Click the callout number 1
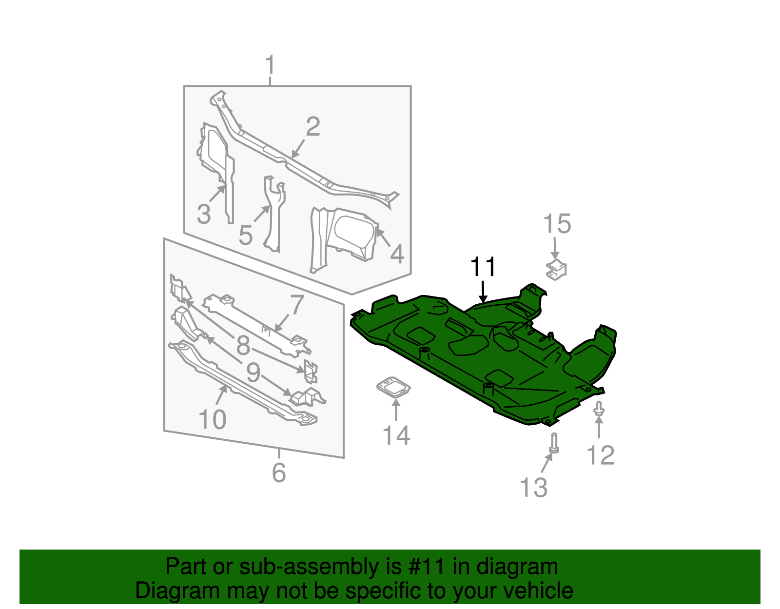click(x=270, y=65)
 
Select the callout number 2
click(x=313, y=127)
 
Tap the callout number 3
click(x=204, y=215)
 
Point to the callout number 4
click(x=397, y=255)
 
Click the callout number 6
click(x=279, y=472)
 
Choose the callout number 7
click(x=297, y=305)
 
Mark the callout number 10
click(x=213, y=419)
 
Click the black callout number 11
click(x=483, y=267)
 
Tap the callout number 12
click(x=600, y=455)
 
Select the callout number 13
click(x=534, y=488)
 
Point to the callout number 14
click(x=396, y=435)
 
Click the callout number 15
click(x=557, y=224)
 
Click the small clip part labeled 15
click(x=556, y=270)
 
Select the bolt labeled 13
click(x=554, y=443)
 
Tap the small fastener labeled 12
click(x=599, y=409)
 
